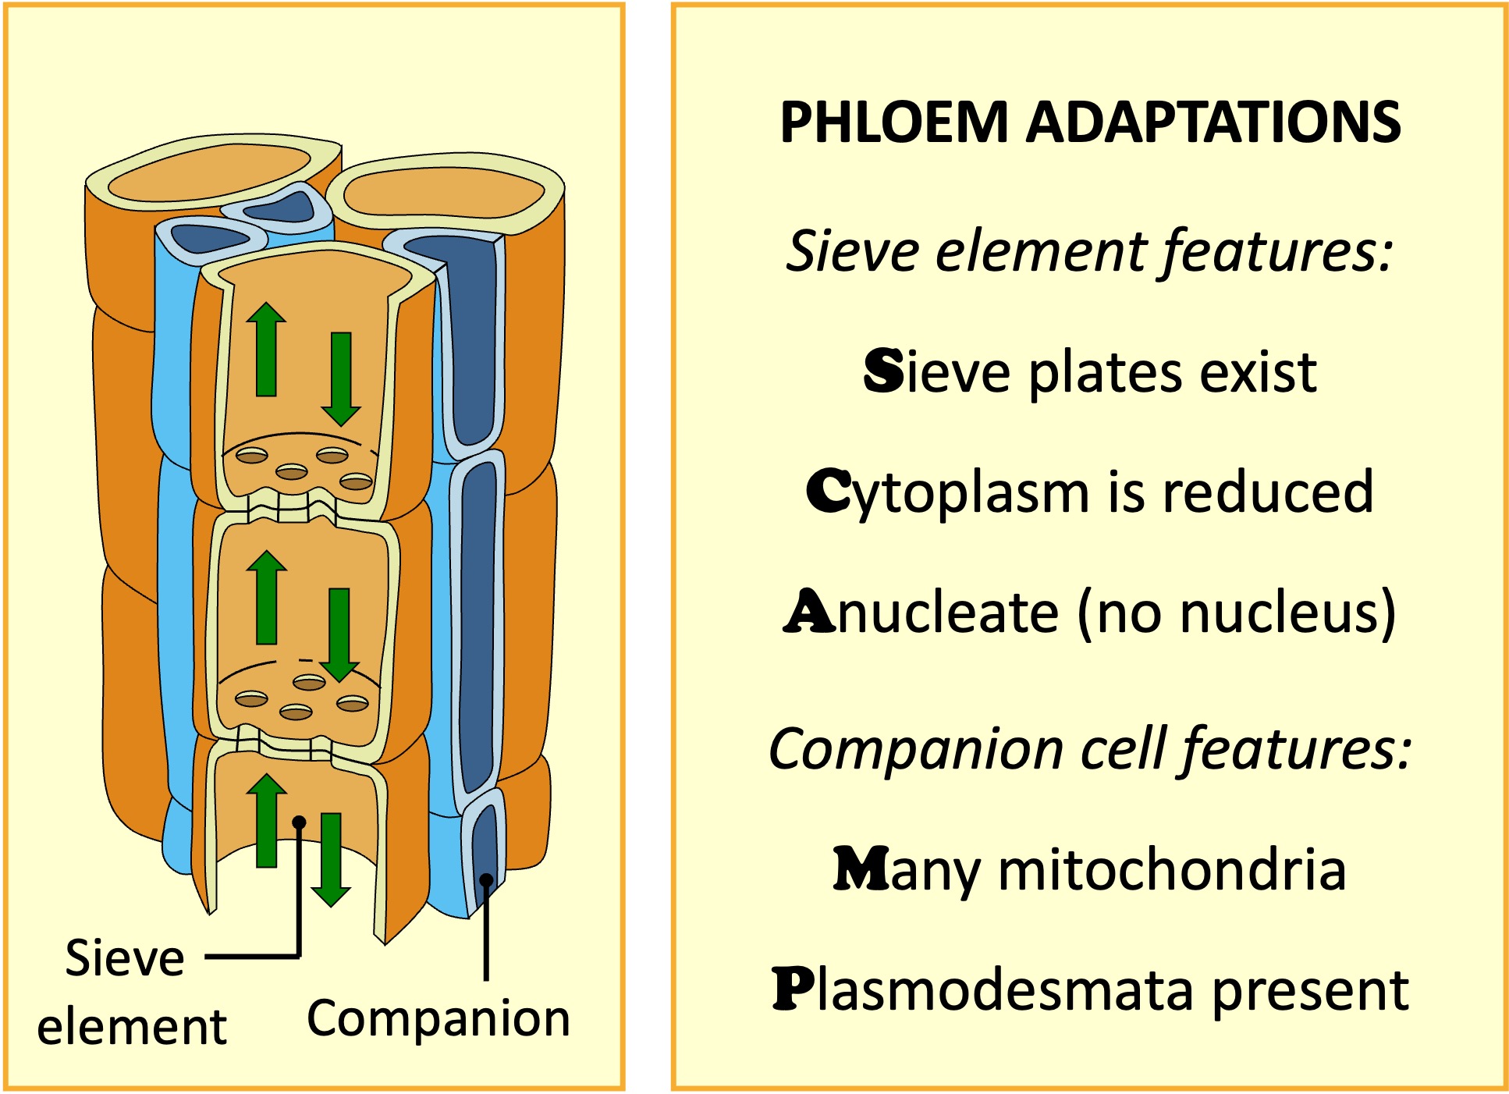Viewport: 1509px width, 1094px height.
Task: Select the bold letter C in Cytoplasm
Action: pos(829,492)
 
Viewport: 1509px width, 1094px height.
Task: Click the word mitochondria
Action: pos(1172,869)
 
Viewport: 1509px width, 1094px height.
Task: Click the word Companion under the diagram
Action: pos(438,1019)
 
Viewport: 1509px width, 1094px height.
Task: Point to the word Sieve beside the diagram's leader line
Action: pos(125,958)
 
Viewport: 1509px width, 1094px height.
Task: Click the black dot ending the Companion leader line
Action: pos(486,880)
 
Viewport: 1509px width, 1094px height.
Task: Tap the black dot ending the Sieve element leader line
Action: pos(299,822)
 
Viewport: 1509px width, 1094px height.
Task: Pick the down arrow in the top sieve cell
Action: pos(341,379)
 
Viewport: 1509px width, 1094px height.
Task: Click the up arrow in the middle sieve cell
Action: pos(267,597)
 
